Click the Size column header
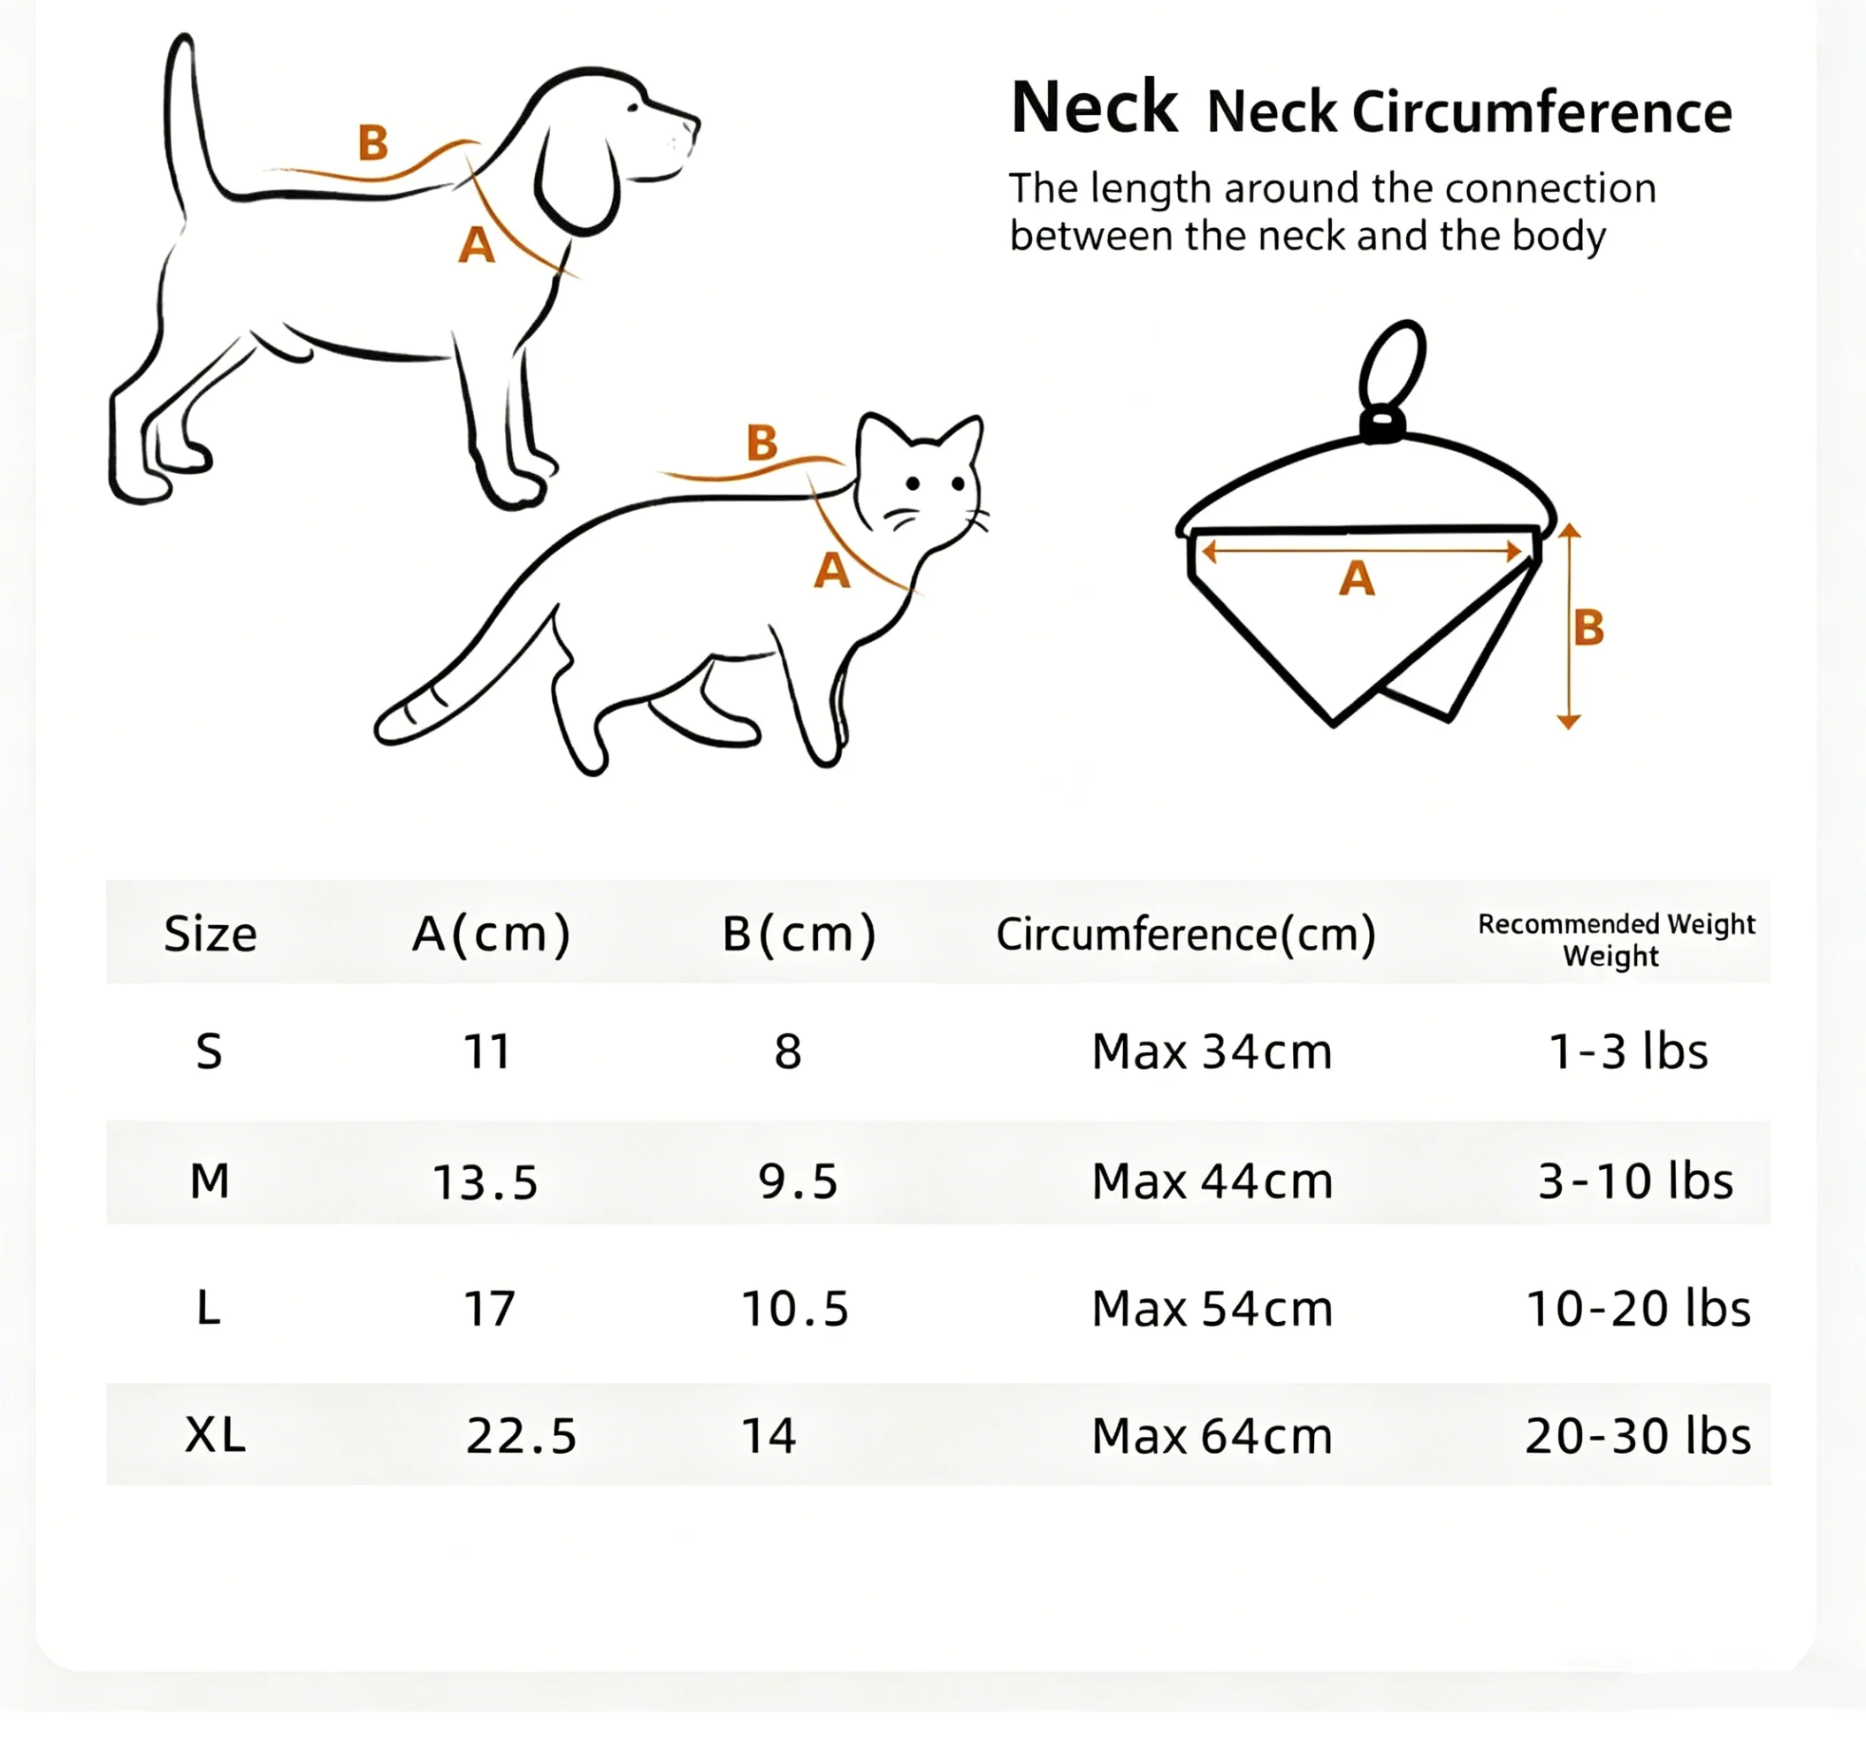pyautogui.click(x=210, y=934)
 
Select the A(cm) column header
pyautogui.click(x=491, y=934)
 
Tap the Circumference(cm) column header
pyautogui.click(x=1186, y=934)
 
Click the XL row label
pyautogui.click(x=216, y=1435)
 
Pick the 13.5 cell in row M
pyautogui.click(x=486, y=1181)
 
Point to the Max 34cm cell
pyautogui.click(x=1212, y=1051)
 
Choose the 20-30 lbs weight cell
pyautogui.click(x=1638, y=1435)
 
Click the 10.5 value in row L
pyautogui.click(x=795, y=1309)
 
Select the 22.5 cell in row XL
pyautogui.click(x=521, y=1435)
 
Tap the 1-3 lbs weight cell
pyautogui.click(x=1628, y=1051)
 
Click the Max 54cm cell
pyautogui.click(x=1212, y=1309)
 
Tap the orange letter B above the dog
pyautogui.click(x=372, y=142)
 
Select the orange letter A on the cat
pyautogui.click(x=831, y=569)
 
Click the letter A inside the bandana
pyautogui.click(x=1357, y=578)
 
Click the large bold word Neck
pyautogui.click(x=1093, y=107)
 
